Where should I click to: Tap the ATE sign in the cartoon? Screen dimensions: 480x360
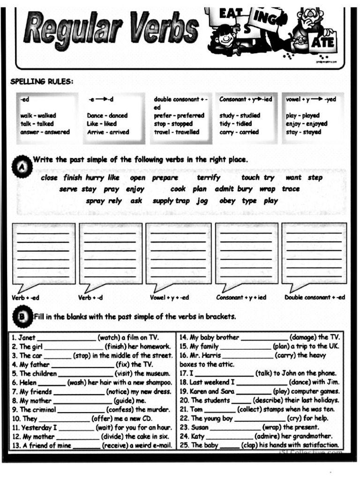click(322, 42)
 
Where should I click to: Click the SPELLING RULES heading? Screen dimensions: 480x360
click(42, 82)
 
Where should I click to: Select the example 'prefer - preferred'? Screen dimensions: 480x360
click(179, 115)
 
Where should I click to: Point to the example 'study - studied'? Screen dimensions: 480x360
click(240, 115)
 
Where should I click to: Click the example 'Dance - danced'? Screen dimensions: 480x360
click(107, 115)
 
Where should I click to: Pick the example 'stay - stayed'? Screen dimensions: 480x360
click(303, 132)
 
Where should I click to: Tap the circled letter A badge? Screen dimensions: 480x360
click(22, 167)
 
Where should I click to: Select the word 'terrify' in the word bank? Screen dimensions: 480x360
click(208, 178)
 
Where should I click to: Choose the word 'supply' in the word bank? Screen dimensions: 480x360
click(163, 201)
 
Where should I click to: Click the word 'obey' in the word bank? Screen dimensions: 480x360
click(227, 201)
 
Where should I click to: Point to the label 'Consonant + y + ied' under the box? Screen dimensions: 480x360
click(241, 298)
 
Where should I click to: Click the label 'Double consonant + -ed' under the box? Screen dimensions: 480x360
click(315, 298)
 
